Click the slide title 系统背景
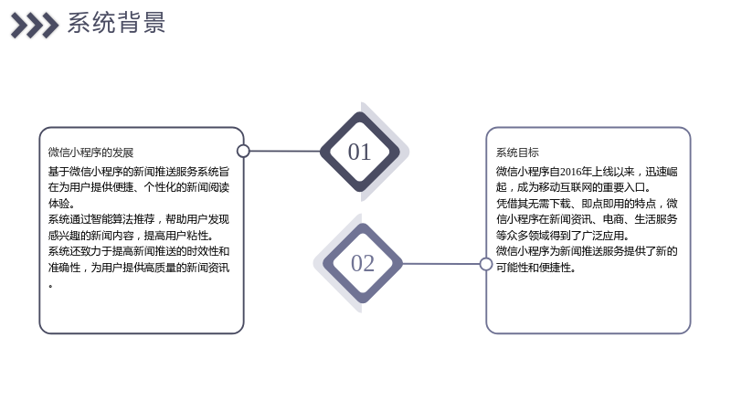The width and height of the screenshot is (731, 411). point(117,23)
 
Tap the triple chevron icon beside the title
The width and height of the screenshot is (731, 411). point(35,26)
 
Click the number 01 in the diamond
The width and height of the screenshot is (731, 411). point(359,152)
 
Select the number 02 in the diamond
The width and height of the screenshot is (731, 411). point(363,263)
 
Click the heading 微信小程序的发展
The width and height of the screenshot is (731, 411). point(90,153)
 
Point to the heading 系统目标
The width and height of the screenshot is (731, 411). point(517,153)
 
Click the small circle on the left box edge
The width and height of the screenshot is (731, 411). point(243,151)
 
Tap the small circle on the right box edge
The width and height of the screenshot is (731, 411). point(486,264)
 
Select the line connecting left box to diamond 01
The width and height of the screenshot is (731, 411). point(285,151)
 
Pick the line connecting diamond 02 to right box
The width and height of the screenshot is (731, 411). point(440,264)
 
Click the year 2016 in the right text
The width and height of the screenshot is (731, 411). point(570,172)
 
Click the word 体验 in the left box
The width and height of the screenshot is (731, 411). point(58,204)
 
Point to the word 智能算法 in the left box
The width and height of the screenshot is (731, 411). point(112,219)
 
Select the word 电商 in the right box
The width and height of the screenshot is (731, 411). point(613,219)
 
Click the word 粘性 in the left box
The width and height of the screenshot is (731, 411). point(197,236)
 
